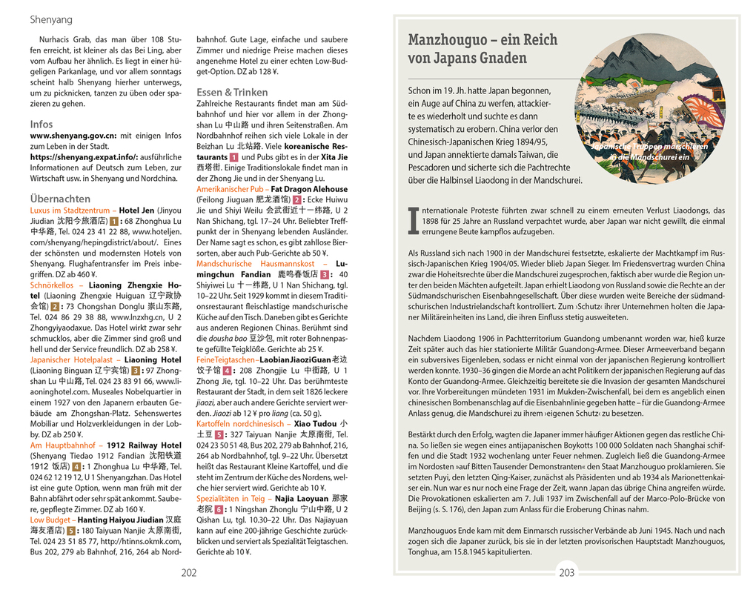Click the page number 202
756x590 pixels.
coord(189,572)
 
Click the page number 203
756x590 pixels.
coord(567,572)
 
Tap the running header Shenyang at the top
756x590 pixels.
coord(50,19)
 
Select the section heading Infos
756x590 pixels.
coord(42,124)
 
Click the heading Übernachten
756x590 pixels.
coord(60,199)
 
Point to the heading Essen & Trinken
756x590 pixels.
coord(232,92)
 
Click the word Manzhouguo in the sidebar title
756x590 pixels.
coord(452,40)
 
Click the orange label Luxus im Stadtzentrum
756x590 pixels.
coord(70,211)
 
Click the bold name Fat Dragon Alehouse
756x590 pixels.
coord(309,189)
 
